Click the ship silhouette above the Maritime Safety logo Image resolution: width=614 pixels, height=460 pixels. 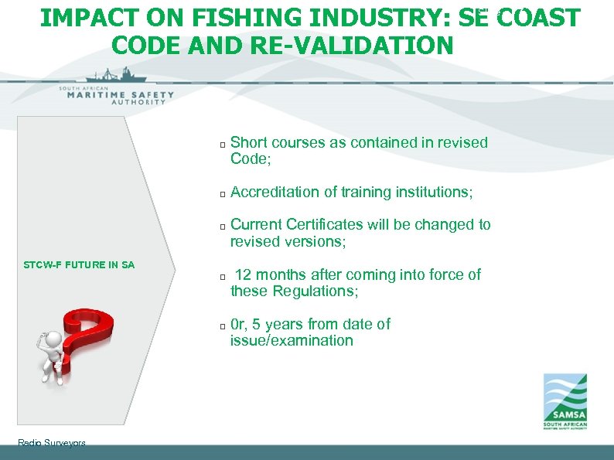click(116, 76)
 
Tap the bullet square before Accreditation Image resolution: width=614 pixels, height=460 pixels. click(222, 193)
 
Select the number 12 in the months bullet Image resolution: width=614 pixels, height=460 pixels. click(244, 274)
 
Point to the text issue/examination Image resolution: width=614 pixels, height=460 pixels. click(292, 340)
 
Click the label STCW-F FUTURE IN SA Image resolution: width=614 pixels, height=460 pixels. click(78, 265)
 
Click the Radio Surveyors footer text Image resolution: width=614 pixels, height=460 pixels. click(51, 443)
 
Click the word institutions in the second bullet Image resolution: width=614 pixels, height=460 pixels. click(434, 191)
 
